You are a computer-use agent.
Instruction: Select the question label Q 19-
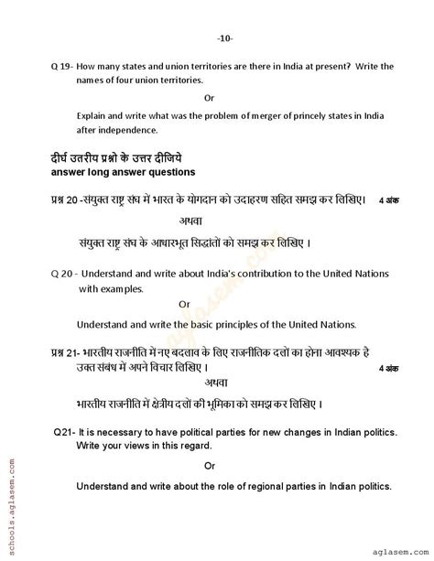coord(62,66)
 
